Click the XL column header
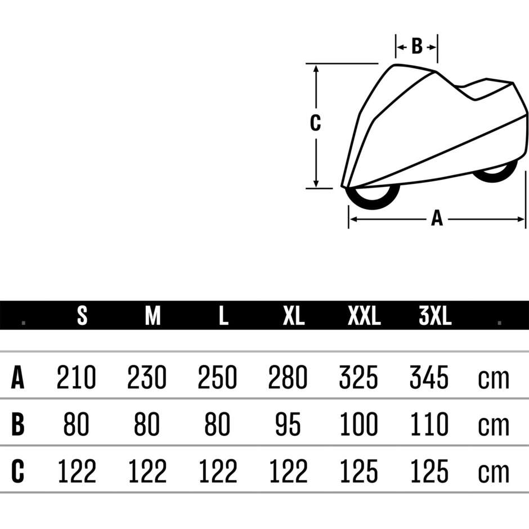pos(294,316)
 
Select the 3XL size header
pos(435,316)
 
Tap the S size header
pos(82,316)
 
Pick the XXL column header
pos(364,316)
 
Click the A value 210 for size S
pos(76,377)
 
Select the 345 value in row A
pos(429,377)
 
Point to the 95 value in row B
pos(288,424)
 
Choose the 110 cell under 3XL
pos(429,424)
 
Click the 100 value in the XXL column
pos(358,424)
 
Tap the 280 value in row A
pos(288,377)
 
